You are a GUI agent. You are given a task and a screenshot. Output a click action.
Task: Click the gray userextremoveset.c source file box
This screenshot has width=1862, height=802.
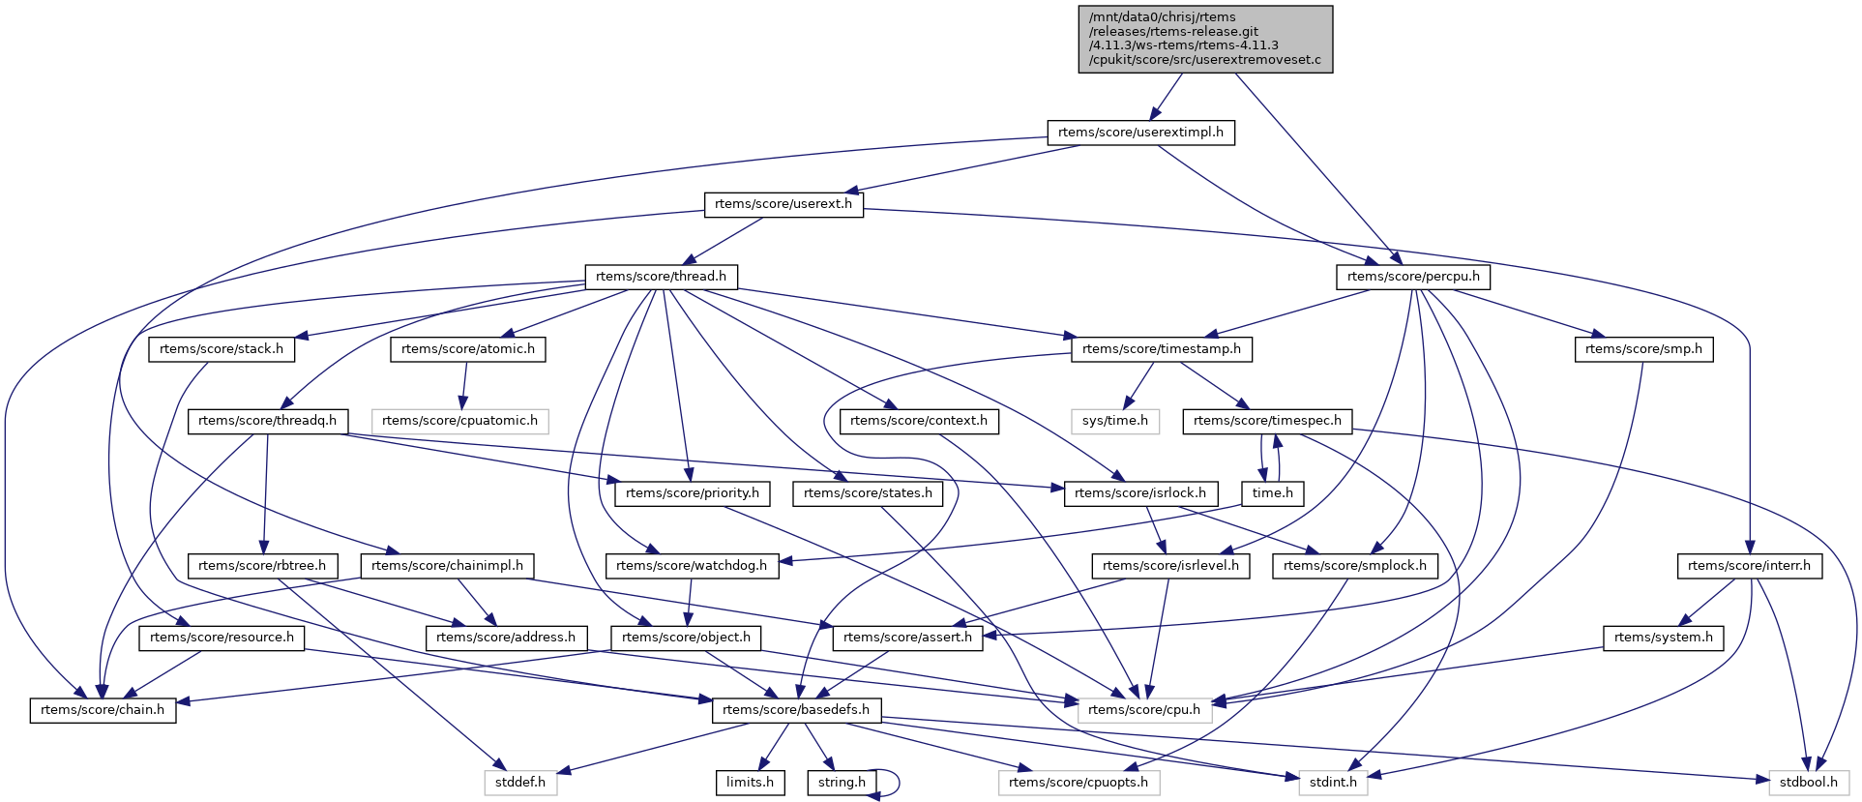pyautogui.click(x=1205, y=39)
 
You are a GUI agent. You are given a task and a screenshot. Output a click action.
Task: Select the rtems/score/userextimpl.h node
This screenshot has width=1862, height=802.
pyautogui.click(x=1140, y=133)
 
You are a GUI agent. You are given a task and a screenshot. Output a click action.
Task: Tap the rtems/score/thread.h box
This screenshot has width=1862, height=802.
pyautogui.click(x=661, y=277)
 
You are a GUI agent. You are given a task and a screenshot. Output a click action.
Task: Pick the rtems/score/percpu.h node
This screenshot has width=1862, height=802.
pyautogui.click(x=1412, y=277)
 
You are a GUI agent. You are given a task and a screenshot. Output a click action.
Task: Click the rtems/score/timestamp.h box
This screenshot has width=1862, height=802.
pyautogui.click(x=1161, y=349)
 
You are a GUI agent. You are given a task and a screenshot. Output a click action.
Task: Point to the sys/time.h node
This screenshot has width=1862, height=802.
pyautogui.click(x=1114, y=421)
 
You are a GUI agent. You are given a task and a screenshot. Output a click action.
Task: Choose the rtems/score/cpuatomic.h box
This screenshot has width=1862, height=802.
pyautogui.click(x=459, y=421)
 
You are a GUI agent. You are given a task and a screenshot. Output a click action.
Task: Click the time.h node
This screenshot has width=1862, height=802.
pyautogui.click(x=1272, y=493)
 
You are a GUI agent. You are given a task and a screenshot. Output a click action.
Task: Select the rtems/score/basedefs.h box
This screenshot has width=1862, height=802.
pyautogui.click(x=795, y=710)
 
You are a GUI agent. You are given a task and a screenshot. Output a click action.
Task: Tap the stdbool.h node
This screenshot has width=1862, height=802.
pyautogui.click(x=1808, y=783)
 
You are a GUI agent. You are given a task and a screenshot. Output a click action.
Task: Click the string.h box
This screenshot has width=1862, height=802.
pyautogui.click(x=842, y=783)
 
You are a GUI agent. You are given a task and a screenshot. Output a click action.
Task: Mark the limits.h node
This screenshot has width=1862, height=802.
pyautogui.click(x=750, y=783)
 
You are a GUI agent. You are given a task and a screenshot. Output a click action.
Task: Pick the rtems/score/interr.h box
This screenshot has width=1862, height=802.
pyautogui.click(x=1749, y=566)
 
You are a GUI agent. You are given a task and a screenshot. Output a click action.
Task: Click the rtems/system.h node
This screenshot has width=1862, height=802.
pyautogui.click(x=1663, y=638)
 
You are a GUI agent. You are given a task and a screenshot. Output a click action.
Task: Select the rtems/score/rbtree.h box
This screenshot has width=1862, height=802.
pyautogui.click(x=262, y=566)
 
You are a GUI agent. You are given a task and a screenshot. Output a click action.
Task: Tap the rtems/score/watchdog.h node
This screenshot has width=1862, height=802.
pyautogui.click(x=691, y=566)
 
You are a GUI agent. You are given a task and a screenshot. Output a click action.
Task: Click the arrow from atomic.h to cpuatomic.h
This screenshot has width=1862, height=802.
pyautogui.click(x=464, y=385)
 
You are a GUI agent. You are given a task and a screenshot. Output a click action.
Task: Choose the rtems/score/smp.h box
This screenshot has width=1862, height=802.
pyautogui.click(x=1643, y=349)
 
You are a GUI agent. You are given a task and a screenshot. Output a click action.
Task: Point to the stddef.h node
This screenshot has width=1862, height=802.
pyautogui.click(x=520, y=783)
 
